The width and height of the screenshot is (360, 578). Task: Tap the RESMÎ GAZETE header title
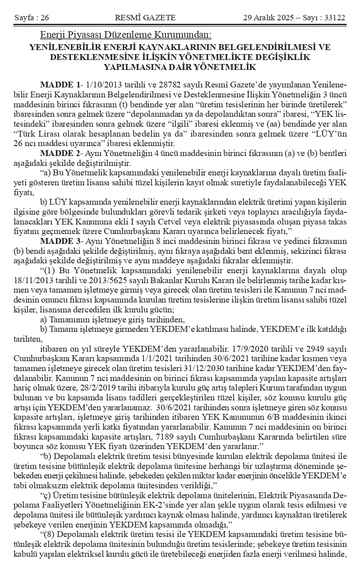click(x=145, y=18)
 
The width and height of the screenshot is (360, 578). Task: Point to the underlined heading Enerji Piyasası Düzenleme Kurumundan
click(x=126, y=35)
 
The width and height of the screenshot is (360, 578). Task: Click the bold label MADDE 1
click(x=60, y=85)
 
